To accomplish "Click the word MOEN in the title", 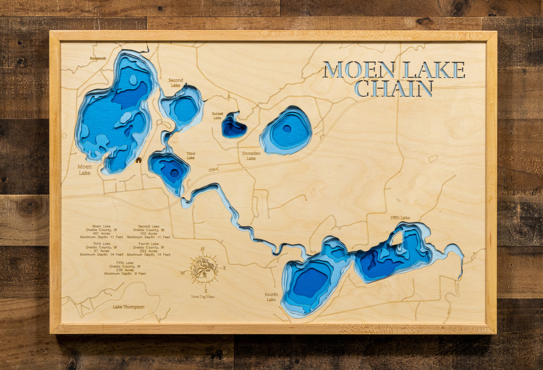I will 359,70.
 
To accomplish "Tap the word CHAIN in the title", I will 393,89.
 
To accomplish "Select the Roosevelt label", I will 98,59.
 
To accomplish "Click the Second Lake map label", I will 175,83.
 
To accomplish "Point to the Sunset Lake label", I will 217,116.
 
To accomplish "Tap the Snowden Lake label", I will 251,156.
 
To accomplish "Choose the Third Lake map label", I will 191,156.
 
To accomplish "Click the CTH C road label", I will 213,170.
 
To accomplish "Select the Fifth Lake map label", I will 400,218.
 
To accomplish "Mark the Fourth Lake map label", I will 271,297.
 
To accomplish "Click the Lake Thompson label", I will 129,307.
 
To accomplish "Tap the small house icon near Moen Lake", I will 138,160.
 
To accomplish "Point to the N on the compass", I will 203,249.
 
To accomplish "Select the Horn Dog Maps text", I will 203,297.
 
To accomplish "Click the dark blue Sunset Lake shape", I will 233,127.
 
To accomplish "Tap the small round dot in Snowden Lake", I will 287,129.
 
